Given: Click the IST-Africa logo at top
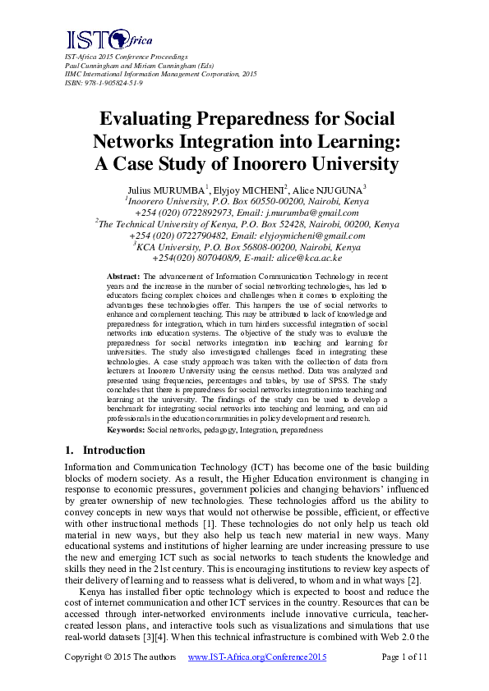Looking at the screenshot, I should (98, 39).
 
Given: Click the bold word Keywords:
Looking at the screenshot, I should (127, 429).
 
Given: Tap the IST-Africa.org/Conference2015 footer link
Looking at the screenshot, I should (258, 657).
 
